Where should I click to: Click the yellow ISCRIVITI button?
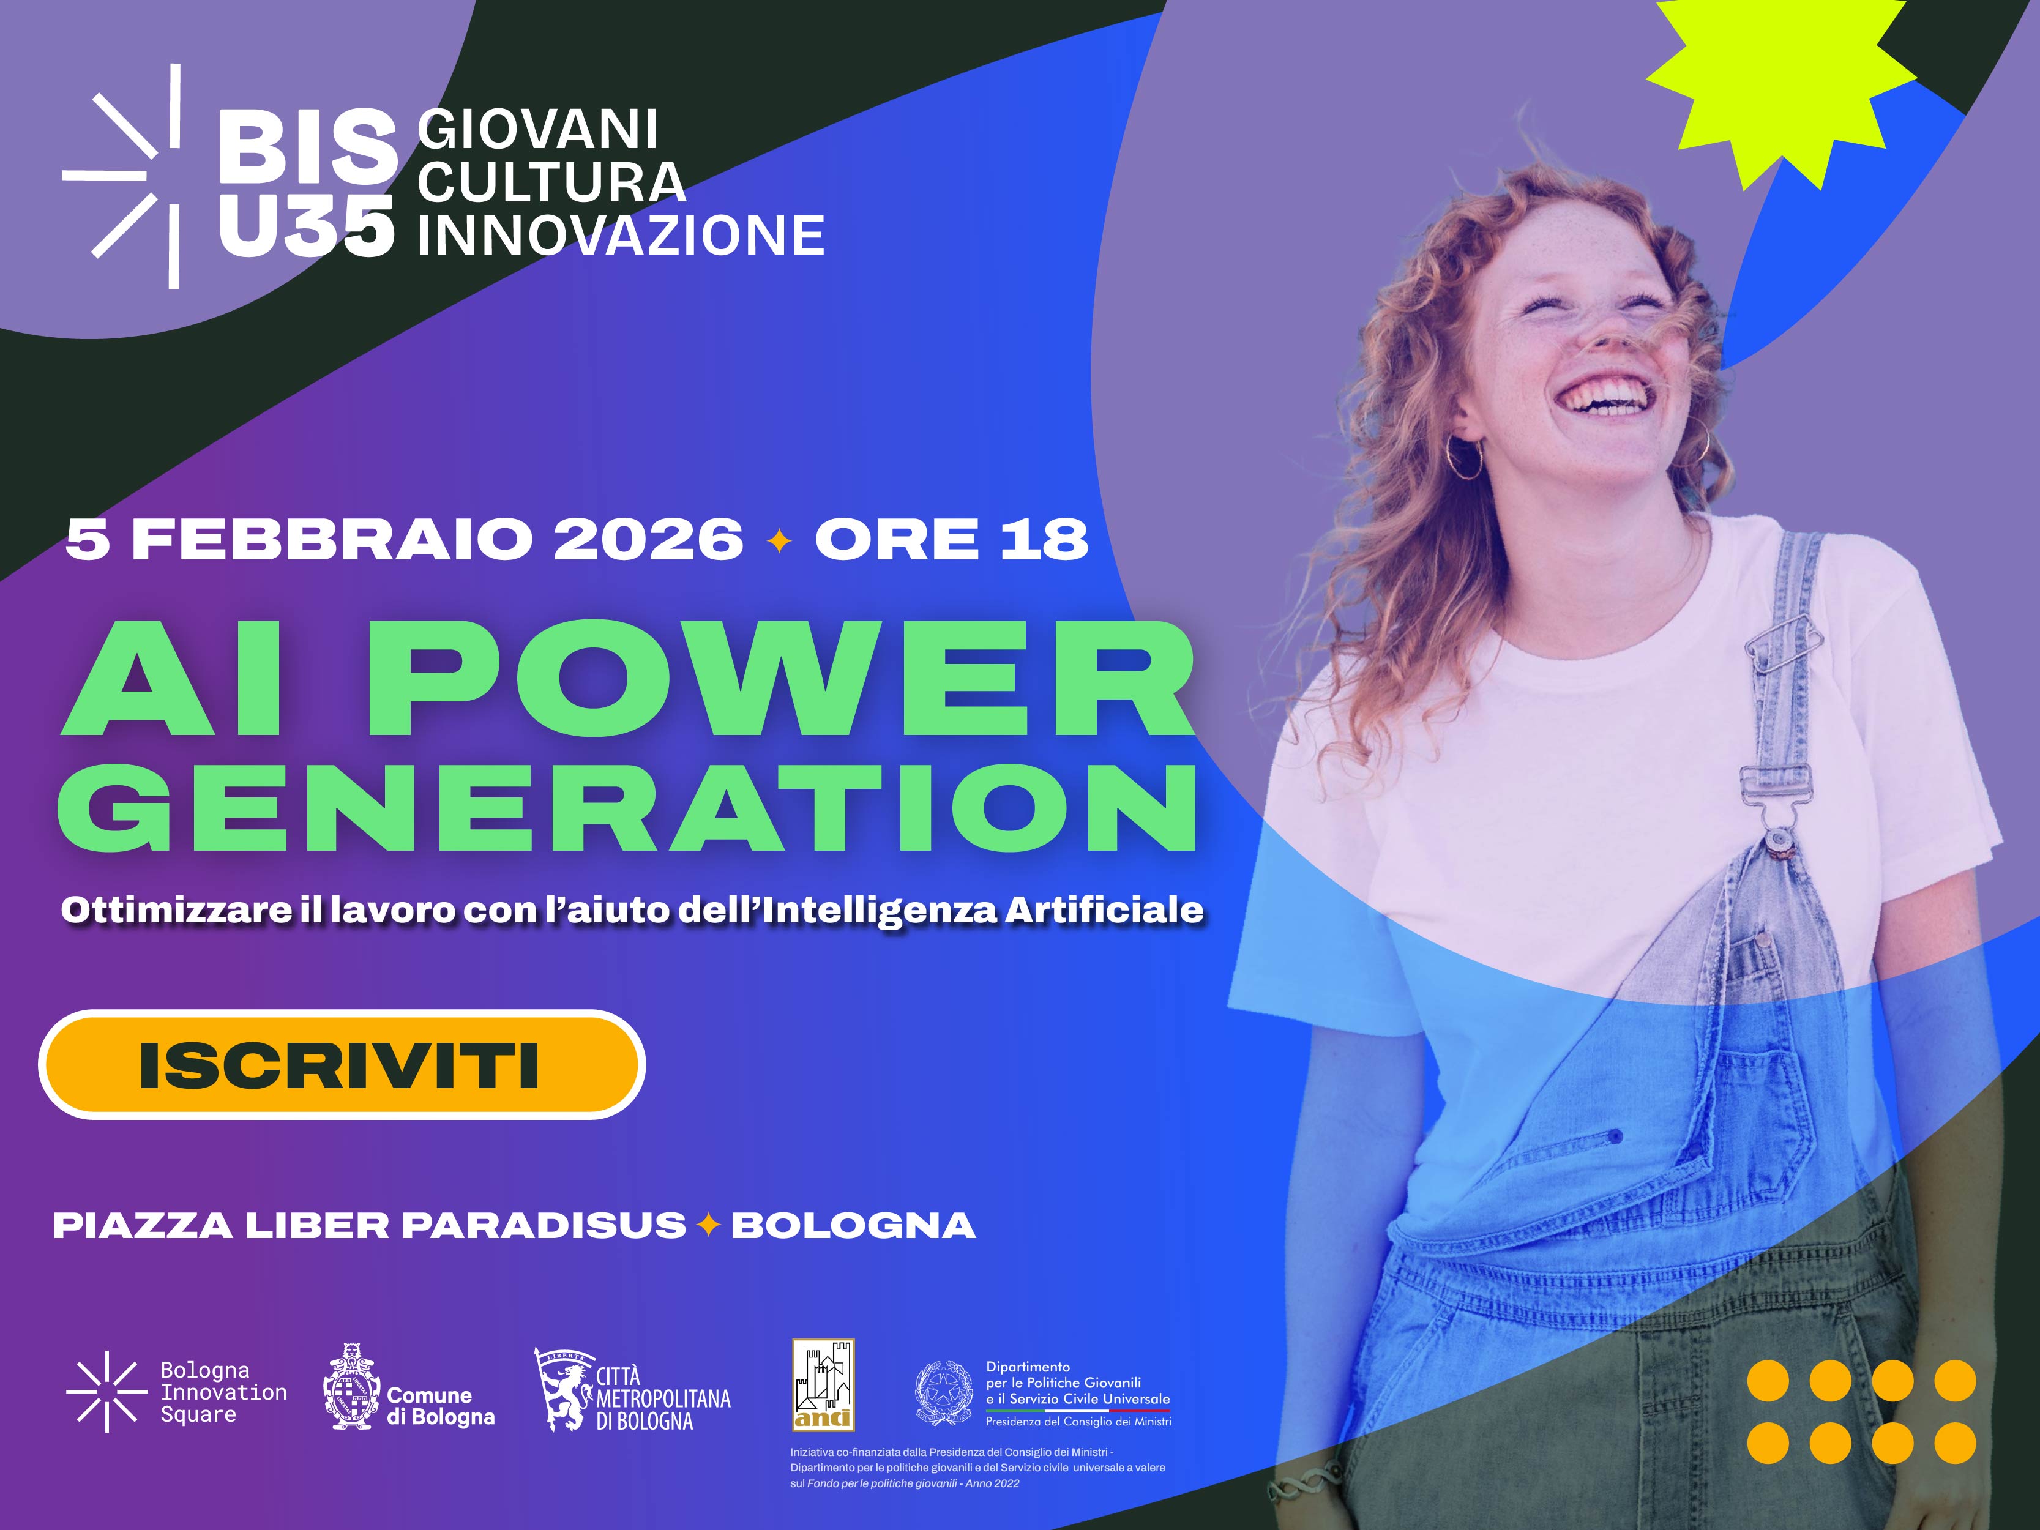click(x=342, y=1065)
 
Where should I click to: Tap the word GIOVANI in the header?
click(x=537, y=129)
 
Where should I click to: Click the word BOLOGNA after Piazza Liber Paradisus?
click(x=853, y=1226)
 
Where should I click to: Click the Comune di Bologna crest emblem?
click(x=351, y=1388)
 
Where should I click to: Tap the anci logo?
click(x=824, y=1384)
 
